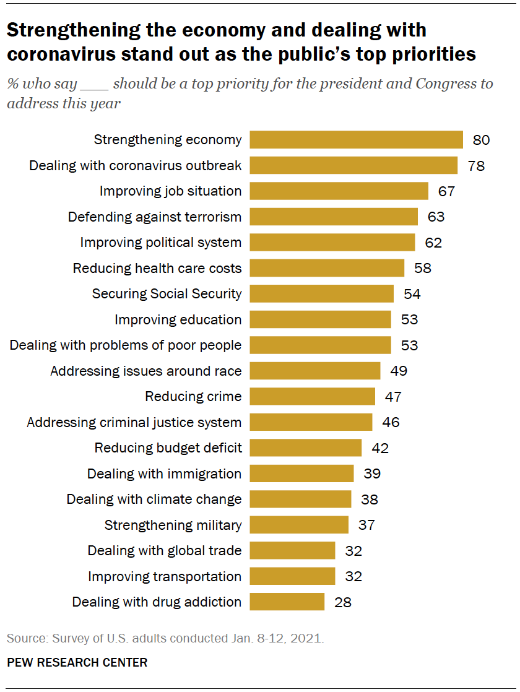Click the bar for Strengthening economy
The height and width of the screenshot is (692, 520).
coord(356,140)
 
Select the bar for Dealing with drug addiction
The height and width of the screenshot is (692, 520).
coord(287,602)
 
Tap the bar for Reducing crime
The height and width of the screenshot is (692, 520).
coord(312,396)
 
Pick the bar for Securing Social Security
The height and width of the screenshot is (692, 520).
coord(321,293)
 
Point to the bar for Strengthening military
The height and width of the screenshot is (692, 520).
coord(299,525)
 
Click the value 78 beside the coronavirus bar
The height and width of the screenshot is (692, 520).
coord(476,166)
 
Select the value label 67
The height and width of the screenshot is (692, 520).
coord(446,191)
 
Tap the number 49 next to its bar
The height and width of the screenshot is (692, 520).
coord(399,371)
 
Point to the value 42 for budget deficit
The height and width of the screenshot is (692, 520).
coord(380,448)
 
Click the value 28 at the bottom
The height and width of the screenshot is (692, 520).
coord(343,602)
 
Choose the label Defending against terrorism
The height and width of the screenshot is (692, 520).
coord(155,217)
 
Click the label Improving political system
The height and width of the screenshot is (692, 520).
coord(161,243)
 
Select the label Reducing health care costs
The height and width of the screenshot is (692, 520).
coord(157,268)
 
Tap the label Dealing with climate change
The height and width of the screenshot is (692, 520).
coord(154,500)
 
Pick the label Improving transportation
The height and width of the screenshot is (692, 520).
coord(165,577)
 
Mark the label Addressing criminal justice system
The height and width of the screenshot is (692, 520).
coord(134,422)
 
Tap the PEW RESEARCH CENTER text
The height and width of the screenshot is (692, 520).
coord(77,662)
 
